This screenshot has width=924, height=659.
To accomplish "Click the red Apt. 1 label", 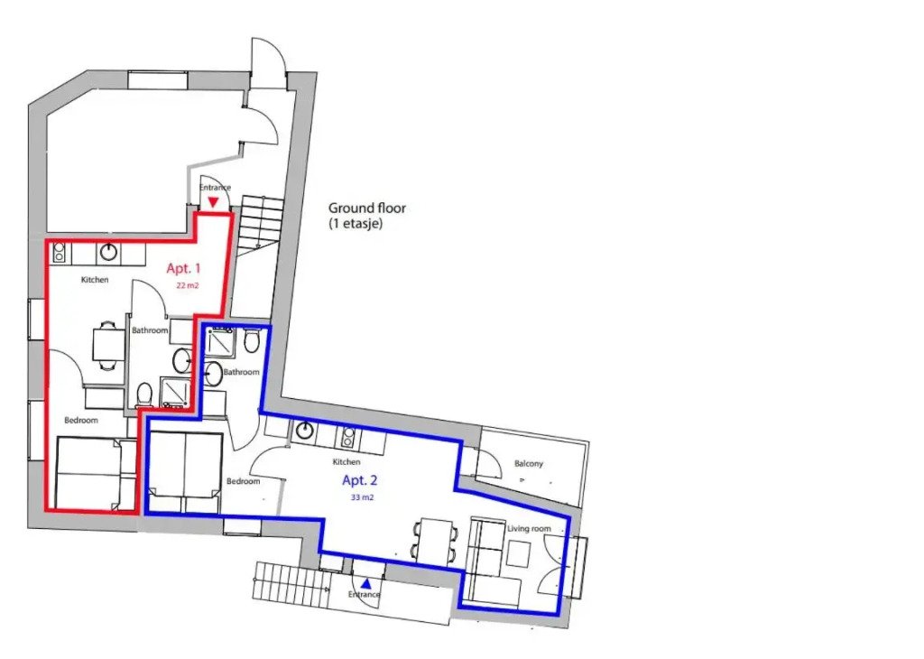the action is pyautogui.click(x=183, y=269).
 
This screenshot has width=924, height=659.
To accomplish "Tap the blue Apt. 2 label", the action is pyautogui.click(x=359, y=480).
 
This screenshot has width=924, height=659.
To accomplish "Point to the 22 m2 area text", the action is pyautogui.click(x=187, y=286).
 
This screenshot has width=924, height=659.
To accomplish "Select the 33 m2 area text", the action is pyautogui.click(x=363, y=497).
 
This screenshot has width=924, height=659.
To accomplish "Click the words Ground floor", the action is pyautogui.click(x=367, y=208).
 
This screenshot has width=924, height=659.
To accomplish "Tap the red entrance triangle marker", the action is pyautogui.click(x=213, y=202).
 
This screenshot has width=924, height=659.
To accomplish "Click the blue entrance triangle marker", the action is pyautogui.click(x=366, y=583).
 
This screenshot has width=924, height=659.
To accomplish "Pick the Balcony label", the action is pyautogui.click(x=529, y=464).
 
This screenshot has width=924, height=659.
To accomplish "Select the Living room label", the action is pyautogui.click(x=529, y=529).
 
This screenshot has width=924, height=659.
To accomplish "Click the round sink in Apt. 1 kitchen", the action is pyautogui.click(x=108, y=252).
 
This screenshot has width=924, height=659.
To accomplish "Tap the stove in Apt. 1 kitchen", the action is pyautogui.click(x=59, y=253).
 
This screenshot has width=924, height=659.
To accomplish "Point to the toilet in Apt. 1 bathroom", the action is pyautogui.click(x=143, y=394).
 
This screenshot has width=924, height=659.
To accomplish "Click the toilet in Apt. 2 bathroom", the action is pyautogui.click(x=252, y=340).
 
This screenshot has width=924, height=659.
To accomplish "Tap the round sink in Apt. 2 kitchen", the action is pyautogui.click(x=305, y=431).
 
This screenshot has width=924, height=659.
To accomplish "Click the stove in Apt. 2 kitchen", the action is pyautogui.click(x=346, y=437).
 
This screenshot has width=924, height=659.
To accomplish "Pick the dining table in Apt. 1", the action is pyautogui.click(x=108, y=345).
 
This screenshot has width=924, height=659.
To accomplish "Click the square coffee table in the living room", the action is pyautogui.click(x=520, y=554).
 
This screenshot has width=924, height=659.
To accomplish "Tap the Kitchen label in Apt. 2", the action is pyautogui.click(x=346, y=461).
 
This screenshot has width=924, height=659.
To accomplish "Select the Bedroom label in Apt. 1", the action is pyautogui.click(x=80, y=421).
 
